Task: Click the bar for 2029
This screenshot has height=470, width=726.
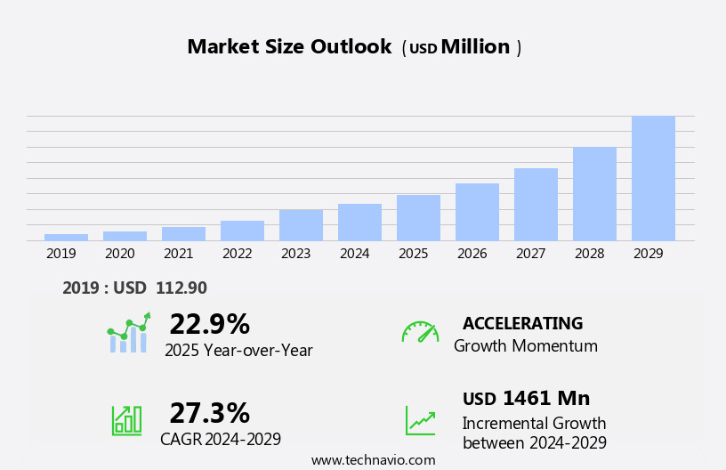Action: click(653, 178)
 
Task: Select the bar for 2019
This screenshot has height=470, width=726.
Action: click(66, 237)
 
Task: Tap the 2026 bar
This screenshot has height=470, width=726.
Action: click(477, 212)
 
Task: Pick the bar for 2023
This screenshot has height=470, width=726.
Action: click(301, 225)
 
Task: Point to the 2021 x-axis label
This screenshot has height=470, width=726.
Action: click(178, 254)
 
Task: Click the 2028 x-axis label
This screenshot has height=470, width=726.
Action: click(589, 254)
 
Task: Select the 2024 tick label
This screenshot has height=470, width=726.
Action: click(354, 254)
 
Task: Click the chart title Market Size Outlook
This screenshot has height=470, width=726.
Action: click(289, 47)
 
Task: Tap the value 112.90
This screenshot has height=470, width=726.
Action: click(181, 288)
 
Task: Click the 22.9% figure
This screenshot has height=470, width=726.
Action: click(209, 324)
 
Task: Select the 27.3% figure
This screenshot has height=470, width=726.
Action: click(209, 413)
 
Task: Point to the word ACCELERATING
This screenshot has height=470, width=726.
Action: click(522, 323)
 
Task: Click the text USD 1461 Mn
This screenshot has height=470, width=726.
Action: click(526, 399)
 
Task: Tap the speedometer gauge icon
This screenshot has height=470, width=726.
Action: click(420, 332)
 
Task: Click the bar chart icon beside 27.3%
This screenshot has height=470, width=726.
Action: click(126, 419)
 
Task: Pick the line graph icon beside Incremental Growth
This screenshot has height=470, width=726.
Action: click(420, 420)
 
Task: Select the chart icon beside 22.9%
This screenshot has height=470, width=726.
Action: click(128, 333)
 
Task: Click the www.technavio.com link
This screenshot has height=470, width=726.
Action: click(373, 460)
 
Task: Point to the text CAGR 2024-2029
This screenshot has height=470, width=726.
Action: click(221, 439)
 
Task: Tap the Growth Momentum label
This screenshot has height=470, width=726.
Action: click(525, 346)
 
